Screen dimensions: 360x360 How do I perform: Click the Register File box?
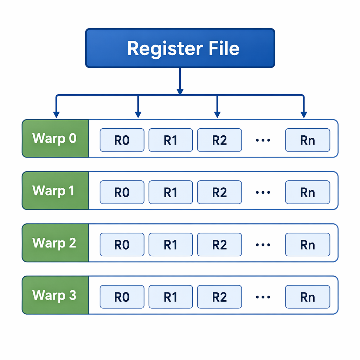coord(180,48)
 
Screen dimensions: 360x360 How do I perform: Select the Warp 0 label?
coord(55,139)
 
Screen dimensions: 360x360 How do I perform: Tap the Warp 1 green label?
coord(55,191)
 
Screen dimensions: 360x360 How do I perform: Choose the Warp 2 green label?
coord(55,243)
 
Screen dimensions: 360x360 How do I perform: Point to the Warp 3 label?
coord(55,295)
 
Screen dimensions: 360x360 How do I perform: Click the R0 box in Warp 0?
coord(122,140)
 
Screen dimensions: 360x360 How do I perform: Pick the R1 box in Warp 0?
coord(171,140)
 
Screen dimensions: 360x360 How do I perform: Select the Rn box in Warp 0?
coord(308,140)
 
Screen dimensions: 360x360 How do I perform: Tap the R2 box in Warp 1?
coord(219,192)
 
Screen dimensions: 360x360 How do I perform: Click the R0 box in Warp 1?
coord(122,192)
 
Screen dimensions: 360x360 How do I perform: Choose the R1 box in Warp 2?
coord(171,245)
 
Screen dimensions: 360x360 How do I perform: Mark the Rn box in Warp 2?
coord(308,245)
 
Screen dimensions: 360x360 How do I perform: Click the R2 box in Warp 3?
coord(219,297)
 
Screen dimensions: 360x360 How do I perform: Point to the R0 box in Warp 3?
coord(122,297)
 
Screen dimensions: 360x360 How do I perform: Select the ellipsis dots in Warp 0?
coord(263,140)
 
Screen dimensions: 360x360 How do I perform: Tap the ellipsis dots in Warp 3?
coord(263,297)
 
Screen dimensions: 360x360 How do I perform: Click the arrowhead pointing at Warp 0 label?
coord(56,115)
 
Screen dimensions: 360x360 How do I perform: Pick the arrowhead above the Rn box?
coord(304,115)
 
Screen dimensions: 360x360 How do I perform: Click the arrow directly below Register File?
coord(180,81)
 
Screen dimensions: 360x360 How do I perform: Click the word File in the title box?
coord(224,48)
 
